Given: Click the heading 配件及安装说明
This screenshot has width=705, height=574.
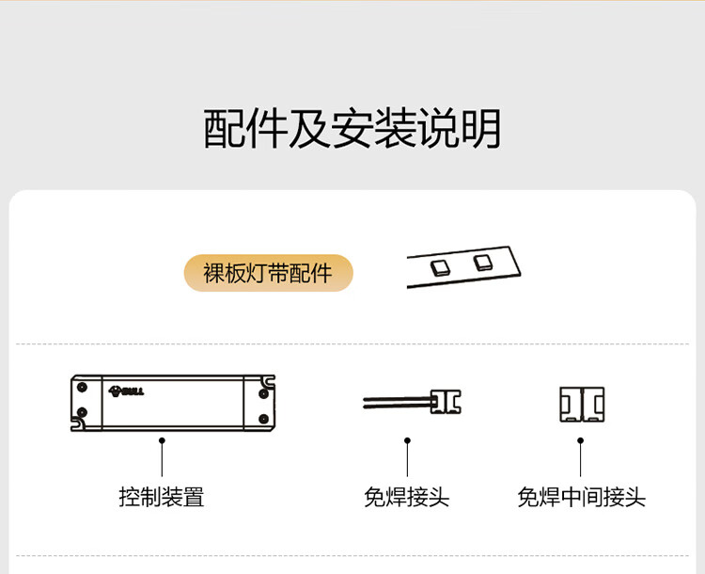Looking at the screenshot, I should coord(352,129).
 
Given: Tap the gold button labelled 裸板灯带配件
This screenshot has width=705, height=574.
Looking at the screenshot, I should coord(268,273).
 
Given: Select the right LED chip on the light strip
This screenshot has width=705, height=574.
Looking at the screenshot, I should coord(483,261).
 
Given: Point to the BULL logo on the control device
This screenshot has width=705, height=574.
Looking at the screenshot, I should coord(126,390).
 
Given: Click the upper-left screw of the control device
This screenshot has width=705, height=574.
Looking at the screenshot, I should coord(82,386).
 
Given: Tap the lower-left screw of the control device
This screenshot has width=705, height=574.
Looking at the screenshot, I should coord(82,412).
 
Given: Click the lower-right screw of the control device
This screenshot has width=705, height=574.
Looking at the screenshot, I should coord(262,418).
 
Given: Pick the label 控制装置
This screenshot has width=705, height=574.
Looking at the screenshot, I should coord(162,497).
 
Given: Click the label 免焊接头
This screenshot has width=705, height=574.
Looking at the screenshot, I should coord(406,497).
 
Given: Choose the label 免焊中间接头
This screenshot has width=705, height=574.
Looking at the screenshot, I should coord(581,497).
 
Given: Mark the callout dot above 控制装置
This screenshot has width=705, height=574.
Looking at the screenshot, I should coord(162,439).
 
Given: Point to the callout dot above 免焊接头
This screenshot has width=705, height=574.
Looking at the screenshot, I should coord(407,439).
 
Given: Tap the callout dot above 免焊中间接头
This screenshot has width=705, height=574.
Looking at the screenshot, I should coord(580,439).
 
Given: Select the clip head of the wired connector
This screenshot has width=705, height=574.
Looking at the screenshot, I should coord(446,403).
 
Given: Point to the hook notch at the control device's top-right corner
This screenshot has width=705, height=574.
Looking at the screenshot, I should coord(271,381).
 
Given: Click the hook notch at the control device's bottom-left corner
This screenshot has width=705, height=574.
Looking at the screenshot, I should coord(75,424).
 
